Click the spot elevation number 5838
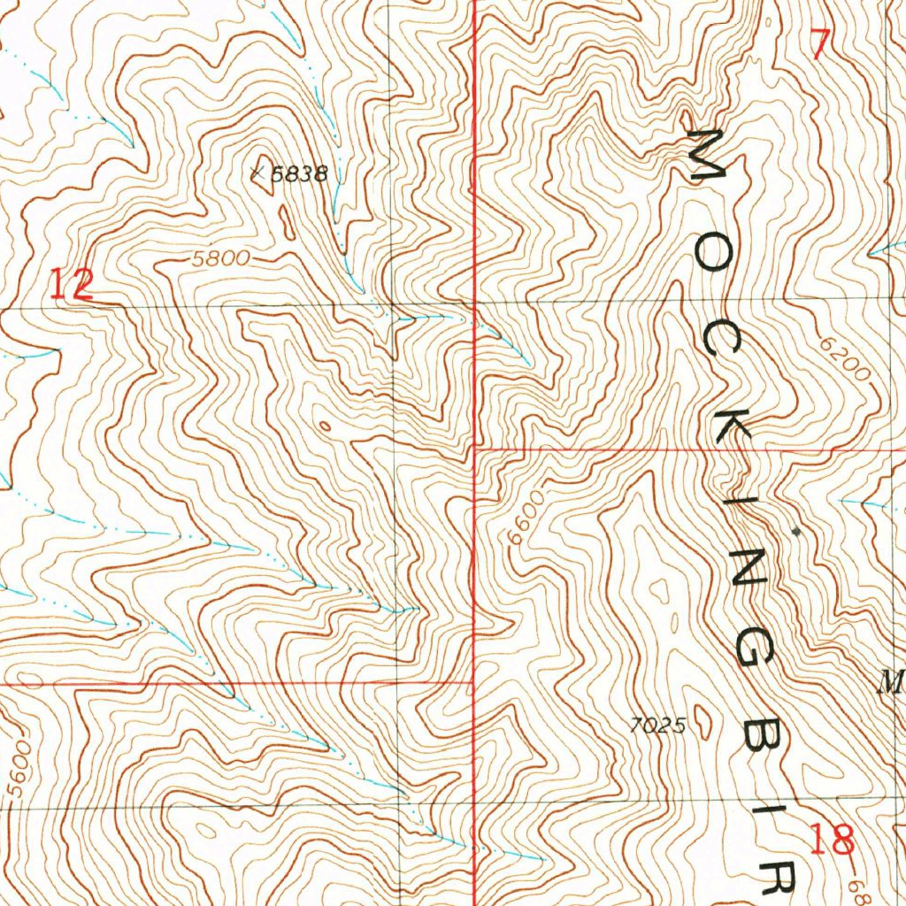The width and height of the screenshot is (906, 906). tap(299, 175)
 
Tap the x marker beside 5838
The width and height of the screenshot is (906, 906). tap(260, 174)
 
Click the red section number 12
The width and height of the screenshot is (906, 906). tap(71, 286)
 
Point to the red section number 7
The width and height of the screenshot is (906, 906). tap(820, 44)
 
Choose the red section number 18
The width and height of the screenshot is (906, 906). tap(833, 837)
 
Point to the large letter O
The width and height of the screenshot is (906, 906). tap(713, 257)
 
